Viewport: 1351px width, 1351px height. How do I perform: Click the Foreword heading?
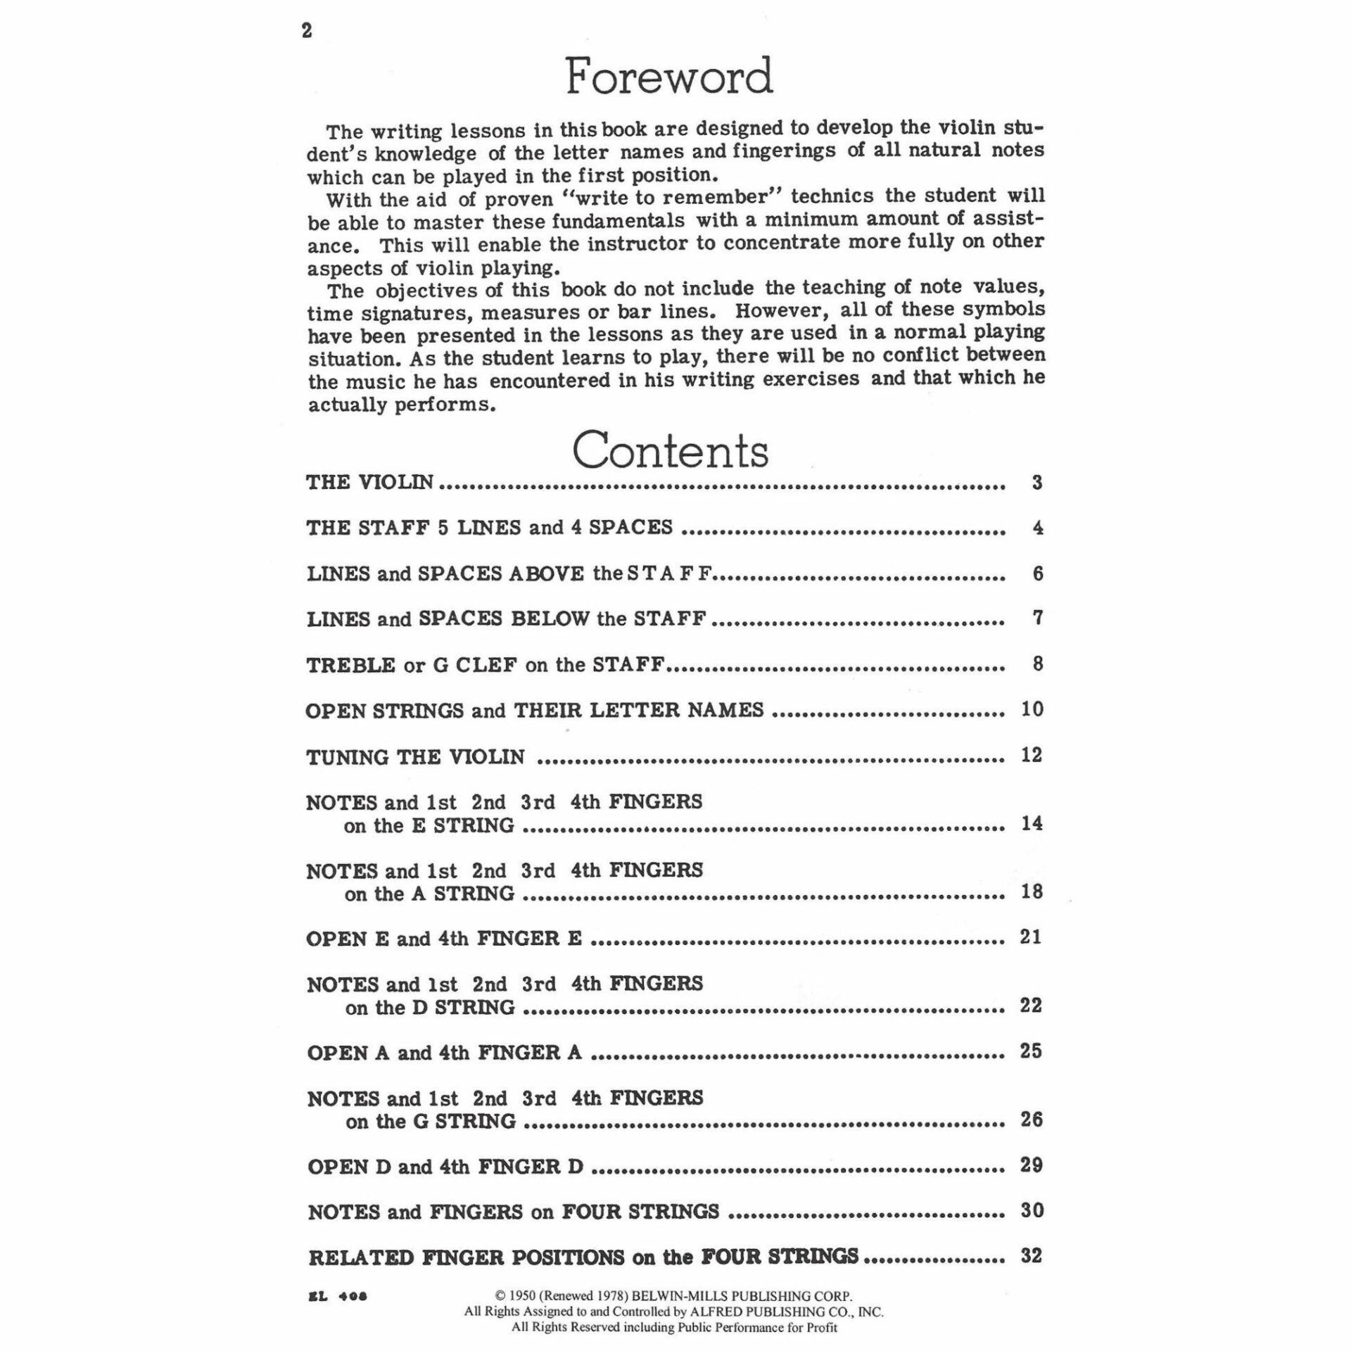tap(669, 77)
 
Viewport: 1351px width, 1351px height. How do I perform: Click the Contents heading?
tap(670, 450)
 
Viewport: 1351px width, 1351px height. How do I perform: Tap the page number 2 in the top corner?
tap(307, 32)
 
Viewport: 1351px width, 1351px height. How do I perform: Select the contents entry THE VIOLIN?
tap(370, 483)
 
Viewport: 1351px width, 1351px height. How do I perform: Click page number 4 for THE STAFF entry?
tap(1037, 528)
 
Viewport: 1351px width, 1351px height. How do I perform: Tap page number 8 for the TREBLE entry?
tap(1037, 664)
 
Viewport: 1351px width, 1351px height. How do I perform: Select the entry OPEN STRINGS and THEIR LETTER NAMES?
tap(534, 710)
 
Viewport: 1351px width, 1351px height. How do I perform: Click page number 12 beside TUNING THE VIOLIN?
tap(1032, 755)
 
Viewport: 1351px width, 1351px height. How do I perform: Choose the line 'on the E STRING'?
tap(429, 825)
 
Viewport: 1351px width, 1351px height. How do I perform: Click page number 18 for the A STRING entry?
tap(1032, 892)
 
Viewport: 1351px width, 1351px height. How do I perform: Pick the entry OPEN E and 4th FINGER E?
tap(444, 939)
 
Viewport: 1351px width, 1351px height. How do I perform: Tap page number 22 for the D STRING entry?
tap(1031, 1006)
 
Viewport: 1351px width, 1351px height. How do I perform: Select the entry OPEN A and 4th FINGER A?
tap(444, 1053)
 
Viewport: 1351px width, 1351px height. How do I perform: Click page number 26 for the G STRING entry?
tap(1031, 1120)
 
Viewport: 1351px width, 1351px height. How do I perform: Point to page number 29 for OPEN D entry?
tap(1031, 1165)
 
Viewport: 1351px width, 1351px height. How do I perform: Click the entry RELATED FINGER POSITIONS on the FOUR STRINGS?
tap(583, 1257)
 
